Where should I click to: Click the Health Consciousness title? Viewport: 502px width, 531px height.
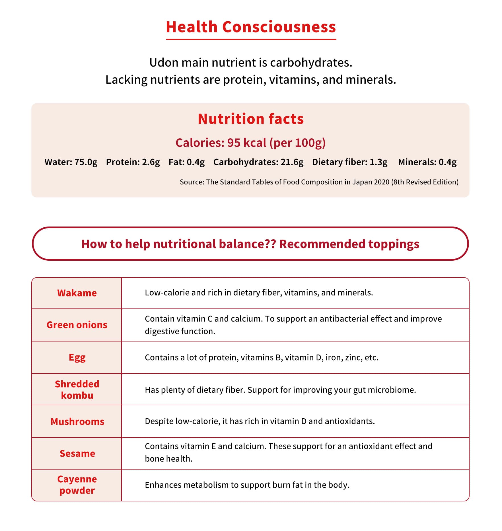pyautogui.click(x=251, y=27)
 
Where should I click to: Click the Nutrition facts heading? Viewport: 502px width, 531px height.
pyautogui.click(x=251, y=119)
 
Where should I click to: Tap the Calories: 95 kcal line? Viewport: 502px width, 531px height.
pyautogui.click(x=250, y=143)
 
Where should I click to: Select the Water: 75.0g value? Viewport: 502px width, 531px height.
pyautogui.click(x=71, y=162)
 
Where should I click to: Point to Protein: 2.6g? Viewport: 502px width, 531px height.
pyautogui.click(x=133, y=162)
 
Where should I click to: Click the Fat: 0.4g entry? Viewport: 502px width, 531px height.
pyautogui.click(x=187, y=162)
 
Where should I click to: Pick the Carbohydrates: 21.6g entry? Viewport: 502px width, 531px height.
pyautogui.click(x=258, y=162)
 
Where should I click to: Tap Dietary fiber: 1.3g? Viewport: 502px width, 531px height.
pyautogui.click(x=350, y=162)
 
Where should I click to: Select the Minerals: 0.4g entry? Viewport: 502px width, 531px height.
pyautogui.click(x=427, y=162)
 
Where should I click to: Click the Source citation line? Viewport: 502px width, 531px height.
pyautogui.click(x=319, y=182)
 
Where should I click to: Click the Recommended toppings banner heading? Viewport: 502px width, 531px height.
pyautogui.click(x=250, y=244)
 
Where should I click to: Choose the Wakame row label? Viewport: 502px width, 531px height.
pyautogui.click(x=77, y=293)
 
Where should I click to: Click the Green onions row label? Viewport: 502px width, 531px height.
pyautogui.click(x=77, y=325)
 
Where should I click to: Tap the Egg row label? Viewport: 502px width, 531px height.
pyautogui.click(x=77, y=357)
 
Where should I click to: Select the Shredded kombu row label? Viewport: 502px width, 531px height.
pyautogui.click(x=77, y=390)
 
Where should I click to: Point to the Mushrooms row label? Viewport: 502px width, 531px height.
pyautogui.click(x=77, y=421)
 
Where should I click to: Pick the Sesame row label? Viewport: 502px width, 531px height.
pyautogui.click(x=77, y=453)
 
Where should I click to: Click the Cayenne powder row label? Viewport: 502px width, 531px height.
pyautogui.click(x=77, y=485)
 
